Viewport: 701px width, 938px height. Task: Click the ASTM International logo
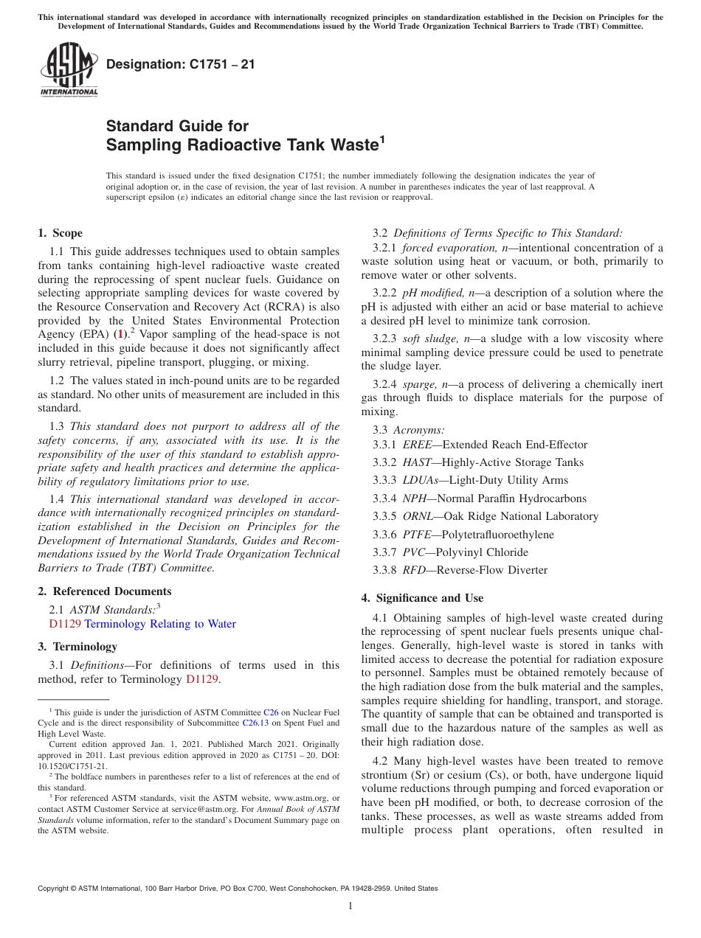(x=68, y=70)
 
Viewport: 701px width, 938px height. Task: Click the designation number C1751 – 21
(x=181, y=64)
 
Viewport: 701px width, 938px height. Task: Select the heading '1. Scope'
(x=61, y=233)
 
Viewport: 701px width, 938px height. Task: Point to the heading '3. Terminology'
(x=77, y=647)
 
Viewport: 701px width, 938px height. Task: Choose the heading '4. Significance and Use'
(x=422, y=597)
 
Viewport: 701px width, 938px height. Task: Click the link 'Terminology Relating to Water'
(x=160, y=624)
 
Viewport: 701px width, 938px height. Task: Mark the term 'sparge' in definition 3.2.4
(x=420, y=384)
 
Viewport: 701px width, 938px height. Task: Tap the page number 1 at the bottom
(x=350, y=906)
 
